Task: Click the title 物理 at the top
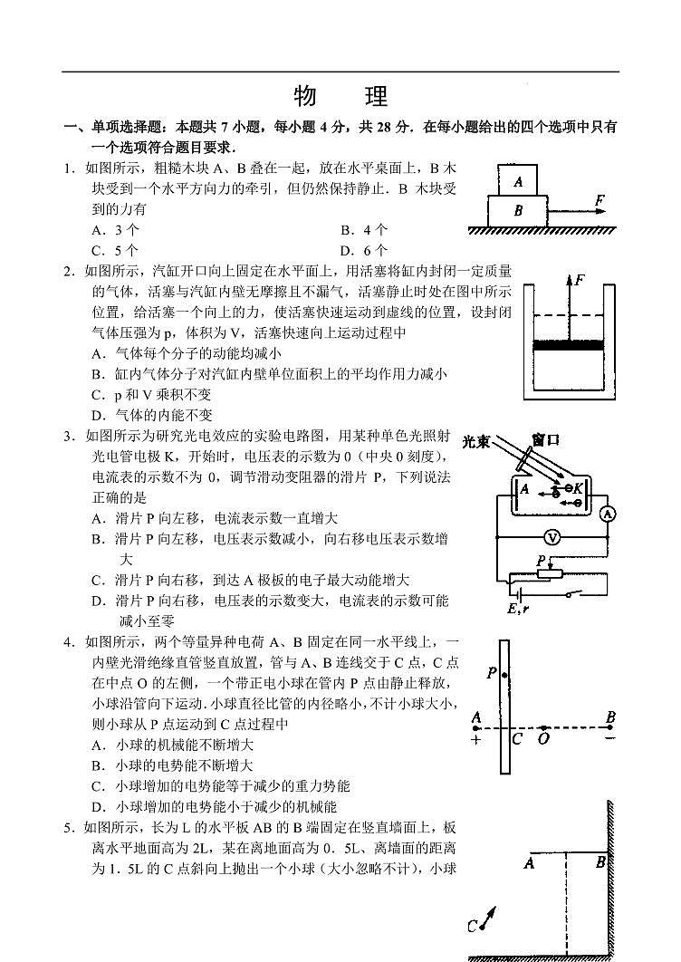pos(340,97)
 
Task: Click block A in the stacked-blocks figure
pos(517,180)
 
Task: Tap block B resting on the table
pos(518,211)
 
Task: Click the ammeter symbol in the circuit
pos(609,514)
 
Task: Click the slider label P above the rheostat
pos(540,562)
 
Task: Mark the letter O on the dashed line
pos(543,739)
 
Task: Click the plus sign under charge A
pos(475,738)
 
